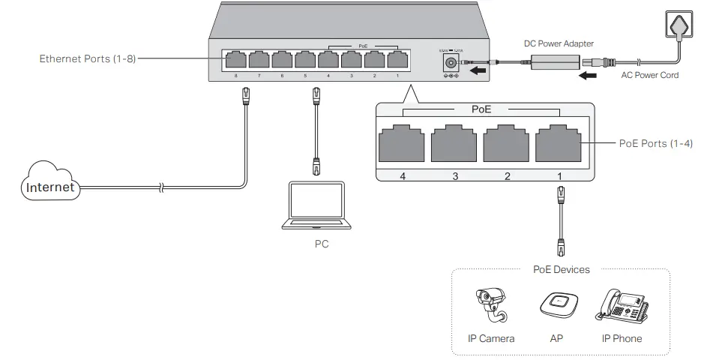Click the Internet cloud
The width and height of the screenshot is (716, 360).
tap(49, 186)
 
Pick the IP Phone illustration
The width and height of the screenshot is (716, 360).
tap(622, 306)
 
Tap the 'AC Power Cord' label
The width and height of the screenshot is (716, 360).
tap(649, 75)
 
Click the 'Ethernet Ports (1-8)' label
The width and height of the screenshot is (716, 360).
tap(88, 58)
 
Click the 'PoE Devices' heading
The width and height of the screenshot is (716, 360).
tap(562, 269)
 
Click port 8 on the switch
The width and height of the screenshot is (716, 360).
tap(235, 59)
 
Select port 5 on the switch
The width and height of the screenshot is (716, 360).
tap(304, 59)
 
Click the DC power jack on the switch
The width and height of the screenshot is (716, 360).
tap(451, 62)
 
